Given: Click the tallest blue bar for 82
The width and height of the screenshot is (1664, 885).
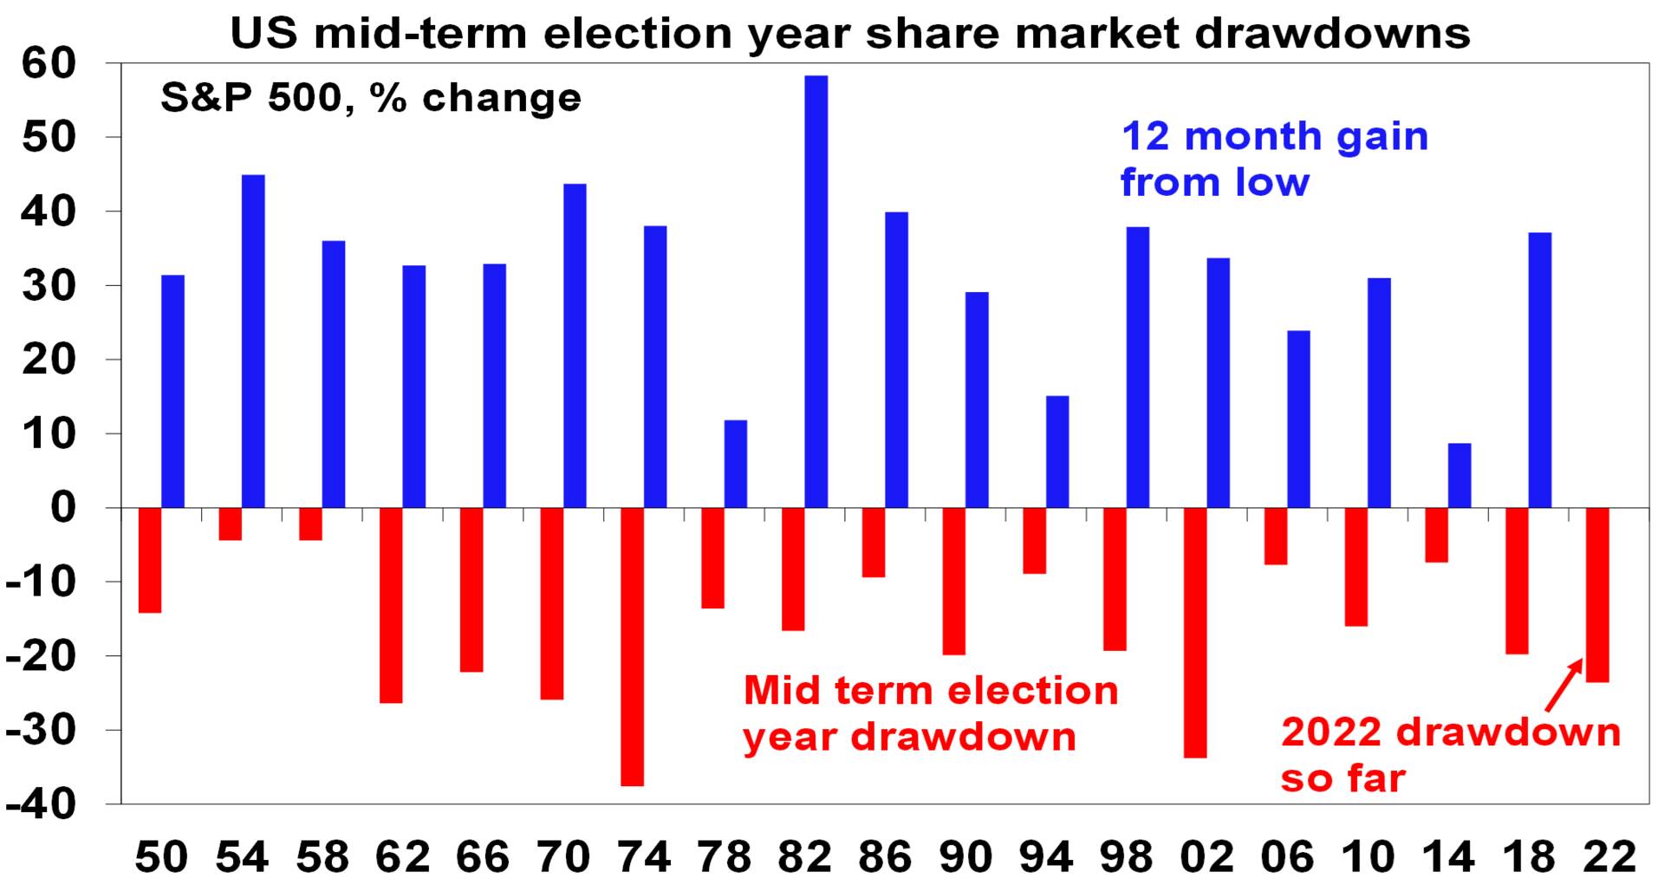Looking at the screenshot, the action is [x=816, y=291].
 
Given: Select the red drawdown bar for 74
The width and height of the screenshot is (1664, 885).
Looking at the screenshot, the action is [x=633, y=647].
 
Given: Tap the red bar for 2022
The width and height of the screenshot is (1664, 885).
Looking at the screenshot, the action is [x=1597, y=595].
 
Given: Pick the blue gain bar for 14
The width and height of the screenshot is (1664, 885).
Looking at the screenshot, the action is [x=1459, y=475].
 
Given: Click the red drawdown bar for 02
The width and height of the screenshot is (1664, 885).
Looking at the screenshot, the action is [x=1195, y=633].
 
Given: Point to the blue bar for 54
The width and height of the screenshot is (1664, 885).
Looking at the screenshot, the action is [x=253, y=341].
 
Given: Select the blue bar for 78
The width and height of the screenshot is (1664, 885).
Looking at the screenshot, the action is [x=736, y=464].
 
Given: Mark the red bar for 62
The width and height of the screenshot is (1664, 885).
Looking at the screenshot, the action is [x=391, y=605].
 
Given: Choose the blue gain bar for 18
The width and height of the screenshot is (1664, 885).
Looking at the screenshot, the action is [x=1540, y=370].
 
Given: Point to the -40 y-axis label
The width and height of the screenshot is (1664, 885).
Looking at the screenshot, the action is [x=41, y=804].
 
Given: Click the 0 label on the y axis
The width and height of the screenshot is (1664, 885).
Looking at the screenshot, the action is [x=64, y=508].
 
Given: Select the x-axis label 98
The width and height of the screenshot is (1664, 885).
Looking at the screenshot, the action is [x=1127, y=856].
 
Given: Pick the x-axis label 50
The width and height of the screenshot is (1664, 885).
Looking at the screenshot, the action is [x=161, y=856].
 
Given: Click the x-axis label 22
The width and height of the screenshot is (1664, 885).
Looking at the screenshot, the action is [x=1609, y=856].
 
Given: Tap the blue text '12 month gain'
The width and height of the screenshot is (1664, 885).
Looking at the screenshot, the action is [x=1275, y=136].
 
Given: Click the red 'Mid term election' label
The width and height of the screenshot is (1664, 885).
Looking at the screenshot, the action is [x=932, y=691].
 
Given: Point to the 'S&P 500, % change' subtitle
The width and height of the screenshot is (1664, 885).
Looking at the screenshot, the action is [x=371, y=97].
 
